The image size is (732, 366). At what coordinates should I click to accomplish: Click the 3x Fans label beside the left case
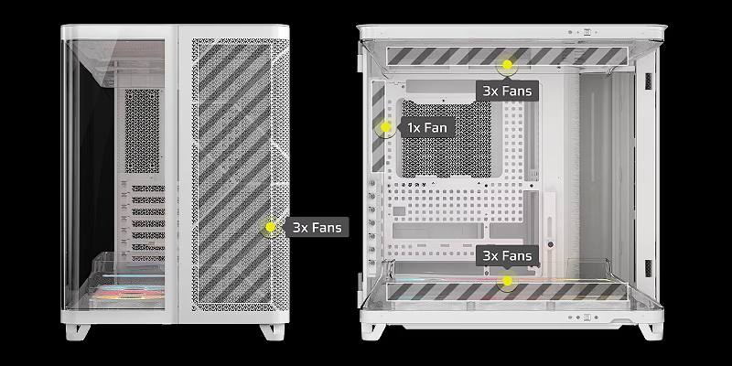[316, 227]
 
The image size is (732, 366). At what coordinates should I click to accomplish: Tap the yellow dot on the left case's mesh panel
[270, 227]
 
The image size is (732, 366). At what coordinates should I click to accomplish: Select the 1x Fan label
[427, 127]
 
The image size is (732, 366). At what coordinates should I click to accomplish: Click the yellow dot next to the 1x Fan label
[385, 127]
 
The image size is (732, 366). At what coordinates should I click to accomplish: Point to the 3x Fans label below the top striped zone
[507, 91]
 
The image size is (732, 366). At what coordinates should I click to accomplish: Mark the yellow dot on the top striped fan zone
[507, 64]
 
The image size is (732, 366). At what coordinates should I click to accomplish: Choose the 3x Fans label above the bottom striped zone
[507, 256]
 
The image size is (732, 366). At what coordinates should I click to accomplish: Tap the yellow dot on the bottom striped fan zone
[507, 281]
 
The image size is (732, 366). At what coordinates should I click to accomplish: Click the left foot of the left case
[78, 331]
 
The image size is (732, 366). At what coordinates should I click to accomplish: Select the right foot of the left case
[272, 331]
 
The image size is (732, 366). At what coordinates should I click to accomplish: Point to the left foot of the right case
[373, 330]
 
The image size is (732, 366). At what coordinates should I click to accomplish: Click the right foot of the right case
[651, 330]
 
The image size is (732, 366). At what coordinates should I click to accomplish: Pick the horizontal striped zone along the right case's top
[507, 57]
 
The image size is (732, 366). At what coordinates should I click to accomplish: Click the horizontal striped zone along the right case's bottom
[507, 291]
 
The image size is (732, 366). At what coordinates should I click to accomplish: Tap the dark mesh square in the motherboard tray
[447, 139]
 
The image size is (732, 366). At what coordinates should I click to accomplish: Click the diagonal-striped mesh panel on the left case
[234, 173]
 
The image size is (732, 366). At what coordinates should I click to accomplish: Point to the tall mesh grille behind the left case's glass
[143, 131]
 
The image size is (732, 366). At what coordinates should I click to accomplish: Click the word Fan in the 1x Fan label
[436, 127]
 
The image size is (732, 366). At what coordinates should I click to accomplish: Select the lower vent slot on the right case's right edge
[649, 267]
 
